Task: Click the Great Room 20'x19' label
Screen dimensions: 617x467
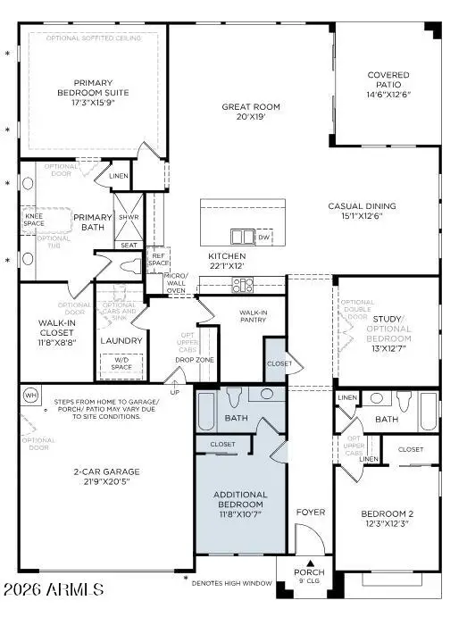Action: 246,112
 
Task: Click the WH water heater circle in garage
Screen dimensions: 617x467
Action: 30,395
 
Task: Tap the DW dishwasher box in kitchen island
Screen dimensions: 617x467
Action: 263,238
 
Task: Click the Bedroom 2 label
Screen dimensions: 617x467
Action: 386,518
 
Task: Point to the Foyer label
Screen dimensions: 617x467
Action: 311,512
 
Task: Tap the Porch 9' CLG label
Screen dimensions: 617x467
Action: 309,576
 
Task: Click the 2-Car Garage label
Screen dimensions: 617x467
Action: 94,476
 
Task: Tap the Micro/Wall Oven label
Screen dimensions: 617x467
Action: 176,282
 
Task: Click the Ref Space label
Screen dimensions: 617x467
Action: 157,259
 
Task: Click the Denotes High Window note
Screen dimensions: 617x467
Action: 238,581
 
